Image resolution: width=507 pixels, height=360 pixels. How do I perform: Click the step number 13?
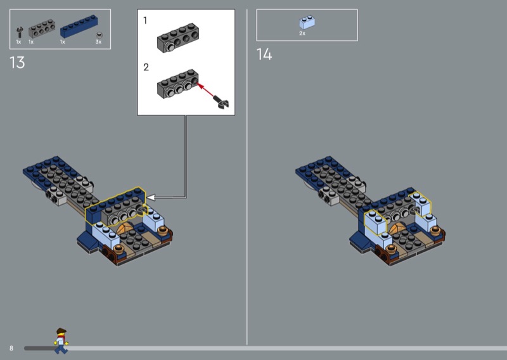[x=17, y=62]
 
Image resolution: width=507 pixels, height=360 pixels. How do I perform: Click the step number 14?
[x=264, y=55]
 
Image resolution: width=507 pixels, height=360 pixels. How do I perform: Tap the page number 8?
[x=11, y=348]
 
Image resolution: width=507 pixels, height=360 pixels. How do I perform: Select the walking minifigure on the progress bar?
[x=61, y=341]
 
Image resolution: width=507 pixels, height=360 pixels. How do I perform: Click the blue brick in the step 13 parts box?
[x=79, y=26]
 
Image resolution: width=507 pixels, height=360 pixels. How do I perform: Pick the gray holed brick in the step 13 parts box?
[x=42, y=29]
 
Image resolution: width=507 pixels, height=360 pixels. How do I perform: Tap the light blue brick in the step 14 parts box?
[x=307, y=22]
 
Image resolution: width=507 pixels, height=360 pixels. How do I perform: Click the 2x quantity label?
[x=302, y=34]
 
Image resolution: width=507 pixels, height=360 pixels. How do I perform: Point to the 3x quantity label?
[x=98, y=42]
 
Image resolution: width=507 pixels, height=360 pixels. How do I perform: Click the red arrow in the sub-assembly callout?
[x=205, y=90]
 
